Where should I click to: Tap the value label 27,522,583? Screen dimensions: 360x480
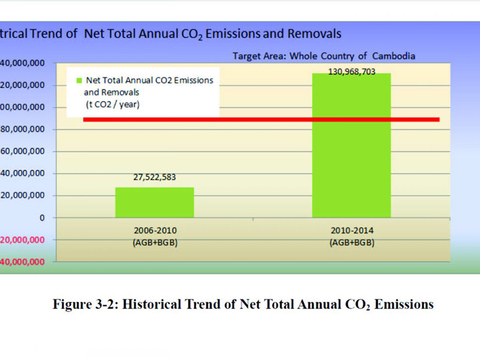155,178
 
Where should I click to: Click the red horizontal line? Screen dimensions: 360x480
261,119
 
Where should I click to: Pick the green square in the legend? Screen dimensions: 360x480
78,80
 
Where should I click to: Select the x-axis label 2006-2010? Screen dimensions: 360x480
155,230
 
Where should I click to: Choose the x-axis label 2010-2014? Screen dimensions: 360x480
351,230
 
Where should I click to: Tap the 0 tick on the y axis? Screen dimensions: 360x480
43,218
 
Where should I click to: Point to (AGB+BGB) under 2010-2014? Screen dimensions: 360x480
351,242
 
